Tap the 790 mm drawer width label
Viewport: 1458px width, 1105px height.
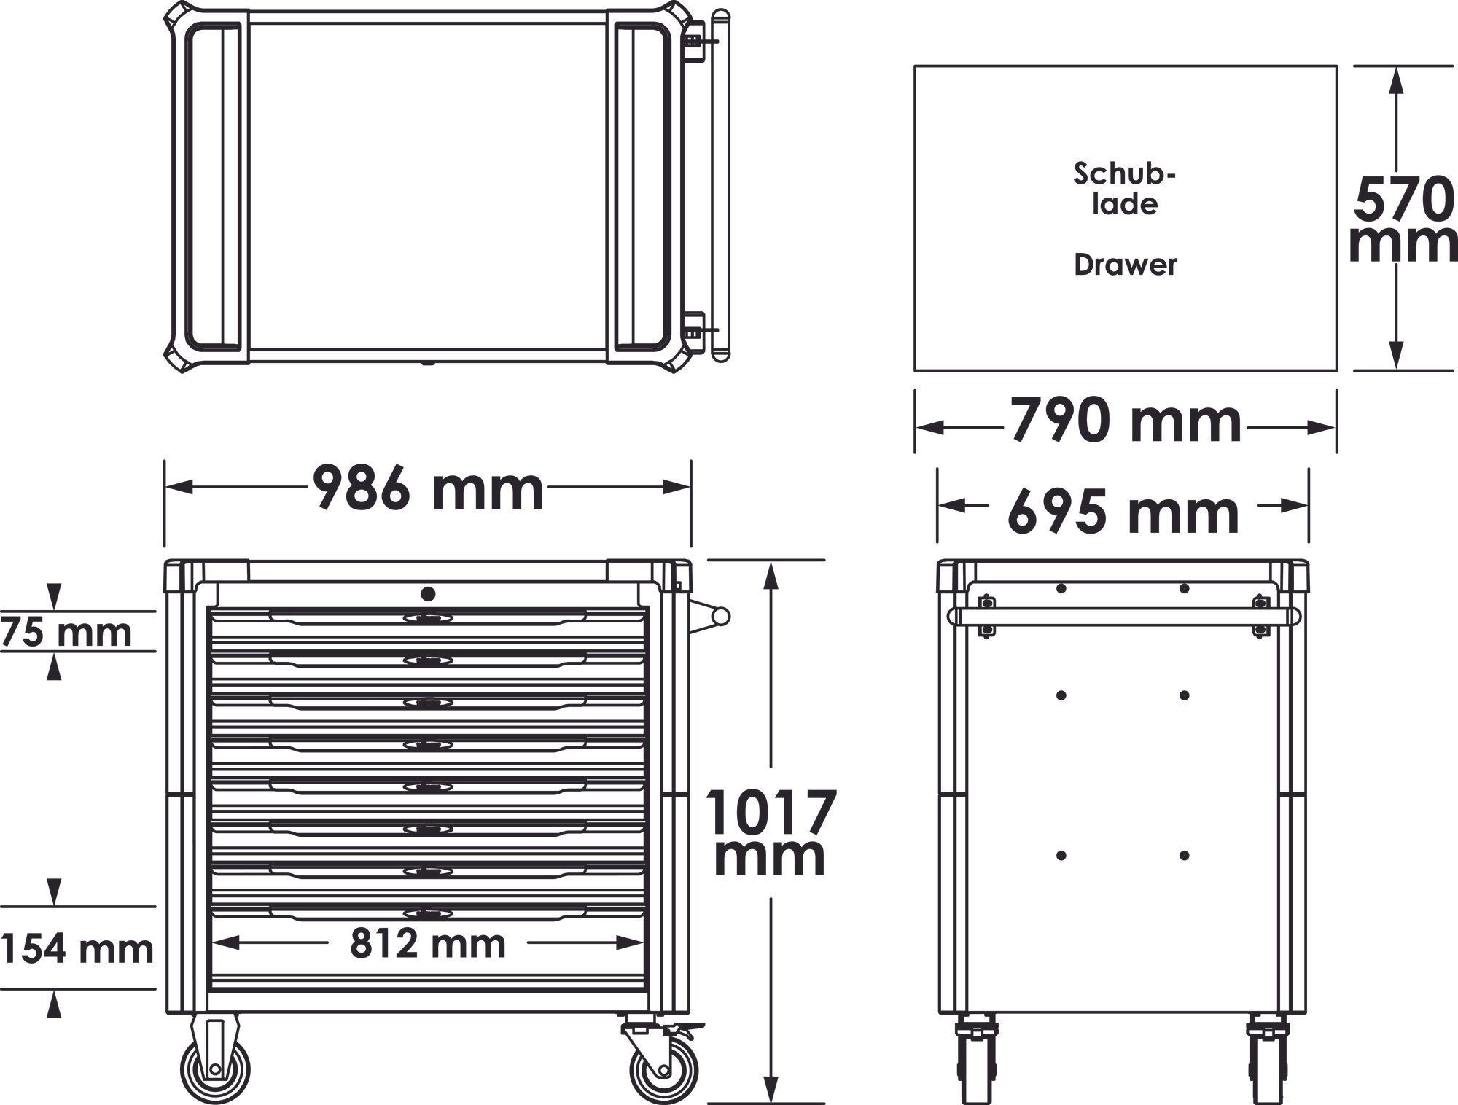1126,421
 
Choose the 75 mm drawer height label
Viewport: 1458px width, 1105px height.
66,631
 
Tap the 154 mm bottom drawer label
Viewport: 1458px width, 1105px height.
77,949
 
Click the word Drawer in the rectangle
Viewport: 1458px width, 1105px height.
1125,265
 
